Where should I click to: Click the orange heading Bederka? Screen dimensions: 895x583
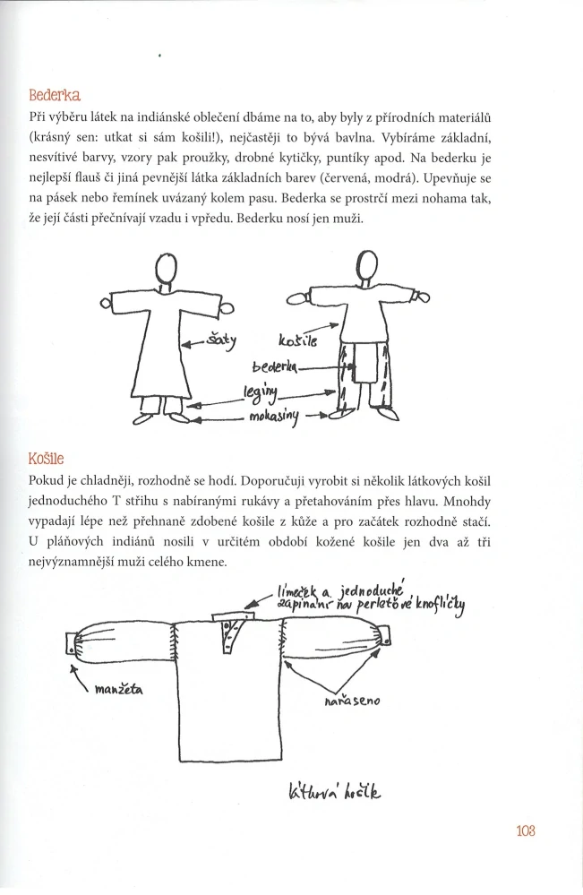coord(55,95)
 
